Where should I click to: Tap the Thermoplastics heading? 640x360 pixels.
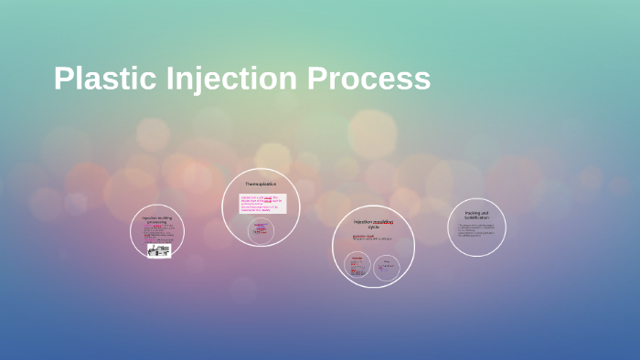click(260, 185)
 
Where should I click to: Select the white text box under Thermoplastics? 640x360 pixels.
click(262, 203)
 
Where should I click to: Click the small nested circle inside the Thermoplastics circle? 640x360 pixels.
click(261, 229)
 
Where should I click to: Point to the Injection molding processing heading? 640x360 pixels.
click(156, 220)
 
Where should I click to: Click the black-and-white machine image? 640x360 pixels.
click(159, 250)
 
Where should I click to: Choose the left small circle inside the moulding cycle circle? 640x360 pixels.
click(357, 266)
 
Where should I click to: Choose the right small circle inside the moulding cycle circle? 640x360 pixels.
click(387, 267)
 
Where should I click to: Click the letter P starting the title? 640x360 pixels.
click(62, 79)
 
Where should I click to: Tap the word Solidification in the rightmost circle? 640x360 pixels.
click(476, 217)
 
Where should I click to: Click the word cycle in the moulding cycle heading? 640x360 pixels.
click(372, 227)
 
